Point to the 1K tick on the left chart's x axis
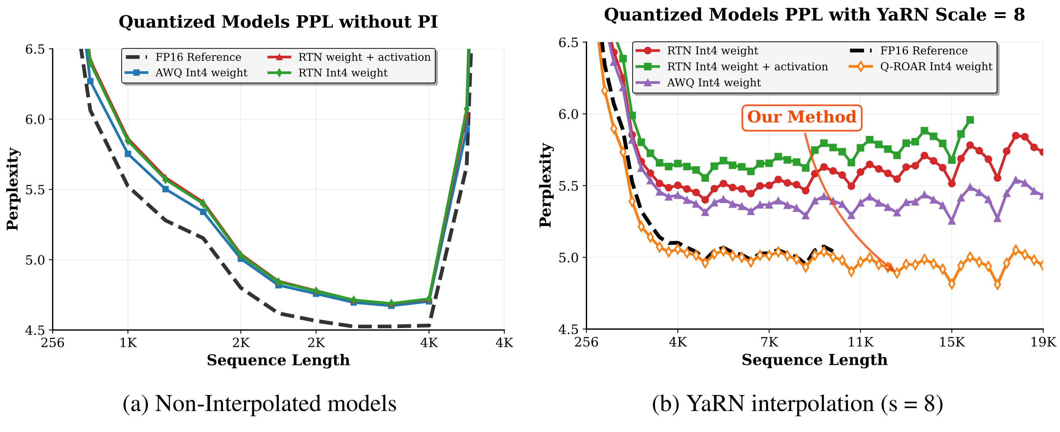[128, 343]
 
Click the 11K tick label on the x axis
[861, 342]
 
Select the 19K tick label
[1043, 342]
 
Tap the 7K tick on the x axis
[769, 342]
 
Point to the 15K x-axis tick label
[951, 342]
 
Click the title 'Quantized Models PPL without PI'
[278, 22]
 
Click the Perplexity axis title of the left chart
[13, 189]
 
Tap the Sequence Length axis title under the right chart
[815, 360]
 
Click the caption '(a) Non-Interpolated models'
[259, 404]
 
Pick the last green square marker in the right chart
[970, 120]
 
